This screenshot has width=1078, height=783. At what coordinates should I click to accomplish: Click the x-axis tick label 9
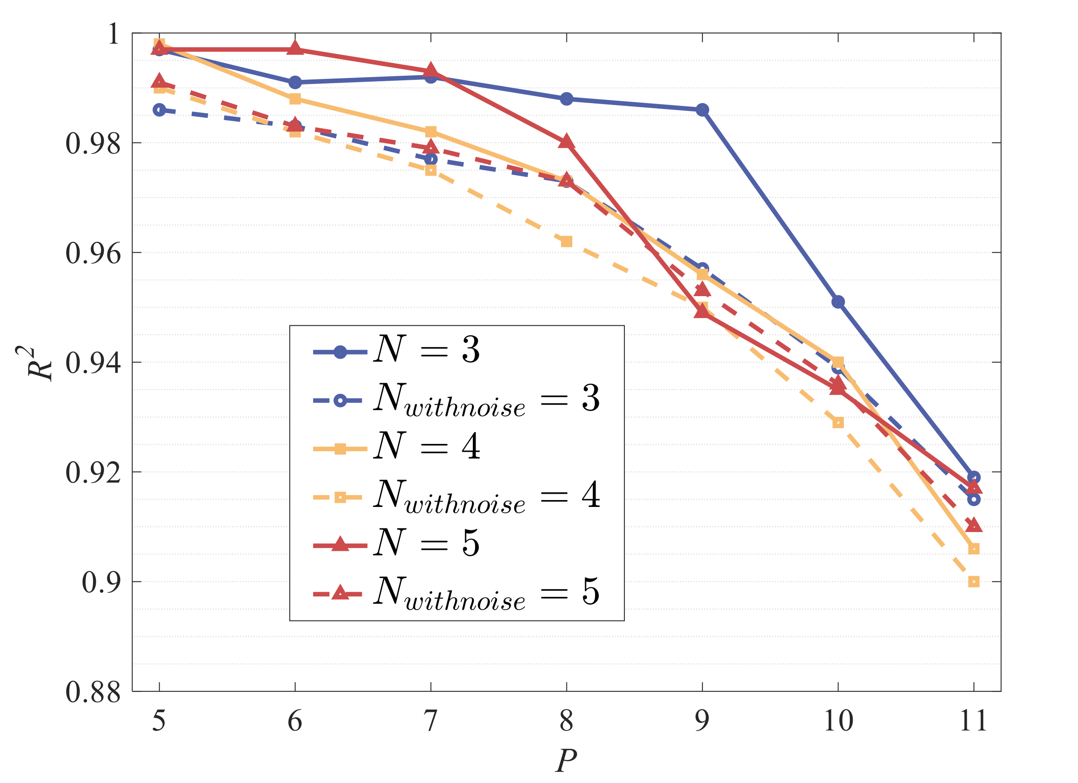click(702, 720)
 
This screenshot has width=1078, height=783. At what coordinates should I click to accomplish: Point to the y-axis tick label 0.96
click(93, 253)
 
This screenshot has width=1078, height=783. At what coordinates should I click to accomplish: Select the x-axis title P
click(566, 761)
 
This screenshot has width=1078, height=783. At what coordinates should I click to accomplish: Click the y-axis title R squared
click(39, 363)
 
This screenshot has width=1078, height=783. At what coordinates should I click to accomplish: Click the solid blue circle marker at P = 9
click(702, 110)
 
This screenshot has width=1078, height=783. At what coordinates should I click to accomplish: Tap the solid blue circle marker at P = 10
click(838, 302)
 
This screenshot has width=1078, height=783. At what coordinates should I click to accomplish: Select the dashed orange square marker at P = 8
click(566, 242)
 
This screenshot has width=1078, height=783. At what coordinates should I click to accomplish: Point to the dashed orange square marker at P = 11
click(973, 582)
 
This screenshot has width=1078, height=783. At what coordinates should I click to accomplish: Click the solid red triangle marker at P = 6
click(295, 48)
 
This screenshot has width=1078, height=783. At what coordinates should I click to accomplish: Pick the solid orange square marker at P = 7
click(431, 131)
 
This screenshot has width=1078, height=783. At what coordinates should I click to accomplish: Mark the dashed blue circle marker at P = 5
click(159, 110)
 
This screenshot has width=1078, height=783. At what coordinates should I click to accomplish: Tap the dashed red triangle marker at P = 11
click(973, 526)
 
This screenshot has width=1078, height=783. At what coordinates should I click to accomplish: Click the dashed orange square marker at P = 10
click(838, 423)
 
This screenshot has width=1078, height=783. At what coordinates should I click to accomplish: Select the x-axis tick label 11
click(973, 720)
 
